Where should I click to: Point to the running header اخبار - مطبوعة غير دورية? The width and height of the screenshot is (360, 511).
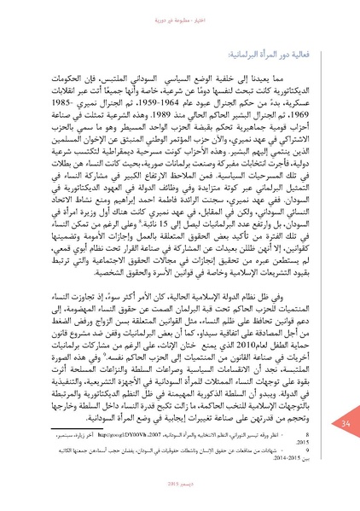pyautogui.click(x=181, y=13)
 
